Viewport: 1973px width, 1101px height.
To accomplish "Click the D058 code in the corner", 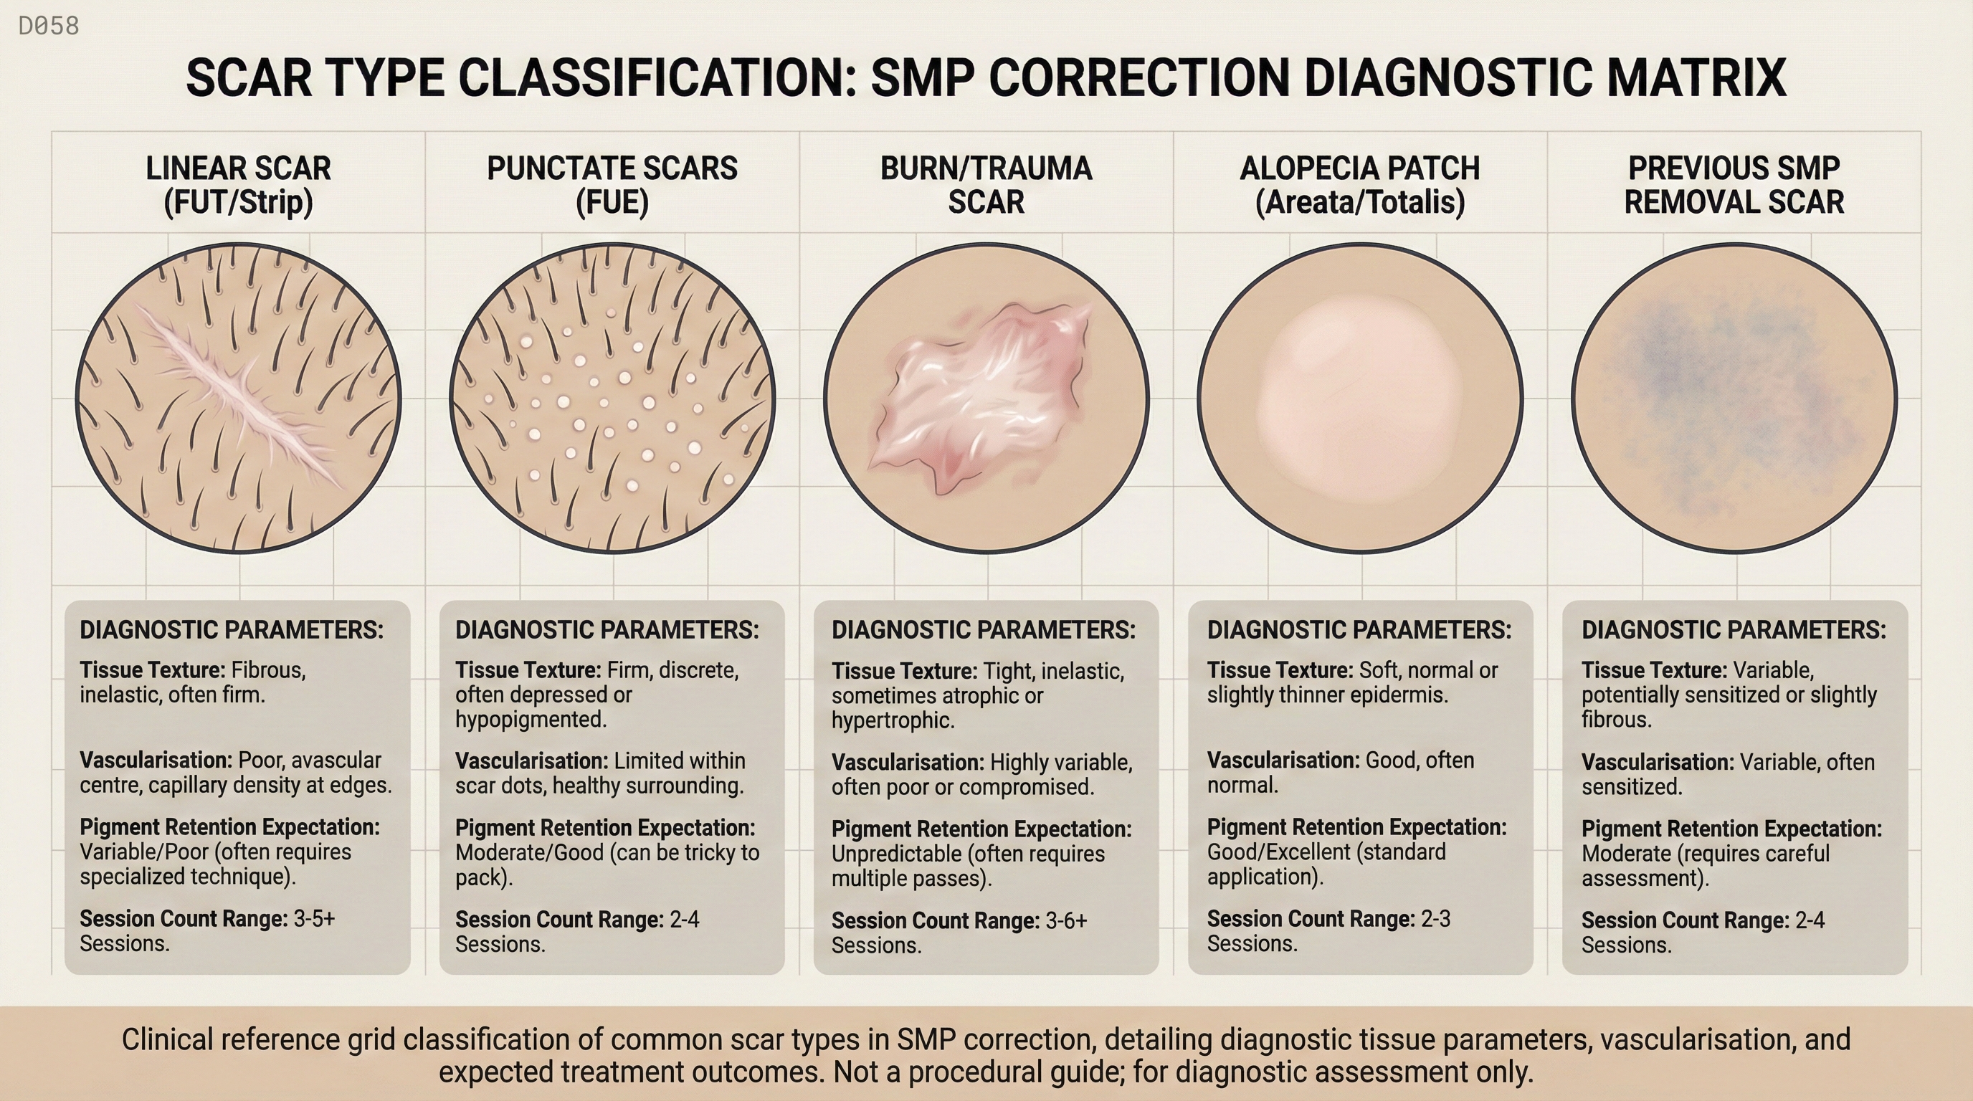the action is (x=48, y=26).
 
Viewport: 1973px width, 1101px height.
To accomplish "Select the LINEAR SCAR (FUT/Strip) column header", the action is (x=238, y=184).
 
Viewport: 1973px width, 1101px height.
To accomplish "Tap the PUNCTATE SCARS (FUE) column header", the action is (x=612, y=184).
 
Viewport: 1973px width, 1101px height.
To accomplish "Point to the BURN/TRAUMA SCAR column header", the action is (x=986, y=184).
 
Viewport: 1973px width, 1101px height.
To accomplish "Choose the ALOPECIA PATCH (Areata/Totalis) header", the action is (x=1359, y=184).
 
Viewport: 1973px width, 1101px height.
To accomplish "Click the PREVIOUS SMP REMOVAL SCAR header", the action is (x=1734, y=184).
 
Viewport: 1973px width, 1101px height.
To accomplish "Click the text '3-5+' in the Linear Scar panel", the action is (x=314, y=918).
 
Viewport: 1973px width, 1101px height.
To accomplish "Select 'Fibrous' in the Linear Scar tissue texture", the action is (x=269, y=671).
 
